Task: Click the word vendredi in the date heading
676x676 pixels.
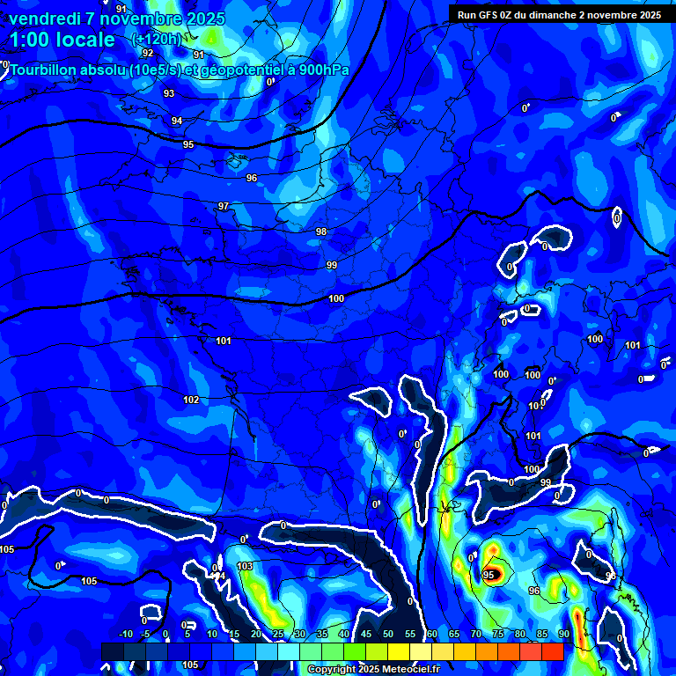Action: pos(44,18)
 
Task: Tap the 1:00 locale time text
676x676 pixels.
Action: pos(62,40)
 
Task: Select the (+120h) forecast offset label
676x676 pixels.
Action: pos(156,39)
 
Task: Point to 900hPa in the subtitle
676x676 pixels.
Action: pos(323,70)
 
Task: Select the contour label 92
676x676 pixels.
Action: pos(148,53)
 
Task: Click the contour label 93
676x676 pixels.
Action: pos(169,93)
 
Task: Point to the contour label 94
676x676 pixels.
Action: pos(177,121)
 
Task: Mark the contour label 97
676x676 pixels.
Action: pos(224,206)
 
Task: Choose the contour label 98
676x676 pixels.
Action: pos(321,231)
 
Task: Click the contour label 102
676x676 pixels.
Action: pos(191,400)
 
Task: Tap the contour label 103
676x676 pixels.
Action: pos(245,566)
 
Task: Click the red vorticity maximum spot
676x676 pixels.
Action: pos(495,575)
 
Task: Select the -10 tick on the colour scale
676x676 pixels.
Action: pos(125,634)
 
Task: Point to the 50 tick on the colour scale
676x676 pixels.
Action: pos(388,634)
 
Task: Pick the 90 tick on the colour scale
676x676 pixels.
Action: pos(563,634)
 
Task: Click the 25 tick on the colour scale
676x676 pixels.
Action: pos(278,634)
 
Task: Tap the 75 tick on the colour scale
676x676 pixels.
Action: pos(498,634)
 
